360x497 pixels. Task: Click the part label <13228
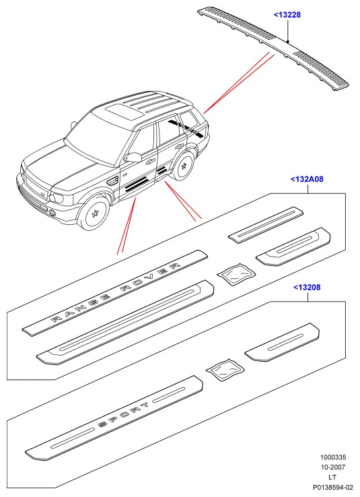tap(287, 15)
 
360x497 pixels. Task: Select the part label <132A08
tap(307, 179)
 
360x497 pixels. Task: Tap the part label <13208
tap(307, 287)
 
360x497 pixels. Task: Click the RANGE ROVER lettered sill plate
tap(114, 292)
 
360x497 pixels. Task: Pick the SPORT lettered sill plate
tap(114, 418)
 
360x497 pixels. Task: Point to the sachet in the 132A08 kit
tap(236, 274)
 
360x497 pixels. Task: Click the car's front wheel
tap(94, 213)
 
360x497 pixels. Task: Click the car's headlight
tap(57, 198)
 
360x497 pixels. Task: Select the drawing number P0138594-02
tap(333, 487)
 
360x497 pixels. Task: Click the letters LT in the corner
tap(332, 477)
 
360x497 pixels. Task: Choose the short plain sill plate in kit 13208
tap(282, 343)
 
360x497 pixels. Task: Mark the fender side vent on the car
tap(113, 182)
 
